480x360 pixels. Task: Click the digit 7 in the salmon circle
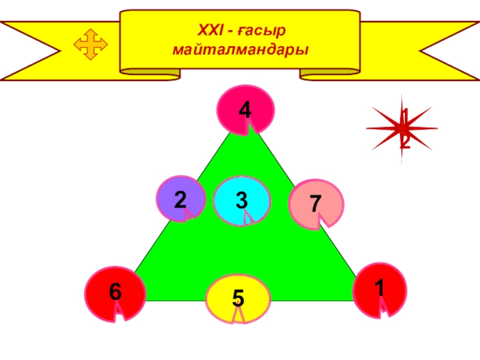click(x=315, y=203)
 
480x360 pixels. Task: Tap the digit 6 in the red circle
click(x=115, y=292)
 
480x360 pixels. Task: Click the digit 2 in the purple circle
click(x=180, y=199)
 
